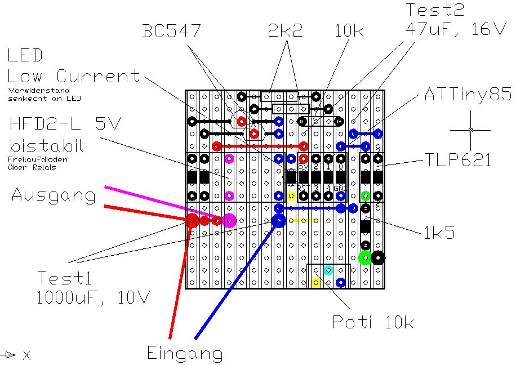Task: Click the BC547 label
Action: coord(172,30)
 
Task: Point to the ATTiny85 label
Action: coord(468,95)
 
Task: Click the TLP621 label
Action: coord(457,160)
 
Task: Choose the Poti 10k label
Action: coord(373,322)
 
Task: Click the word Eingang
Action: coord(185,353)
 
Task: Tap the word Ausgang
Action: coord(54,195)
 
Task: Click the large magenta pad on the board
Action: coord(229,220)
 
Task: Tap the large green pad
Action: coord(365,259)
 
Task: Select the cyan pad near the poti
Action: coord(328,270)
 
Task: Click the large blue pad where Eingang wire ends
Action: coord(278,220)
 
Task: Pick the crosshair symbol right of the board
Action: coord(470,130)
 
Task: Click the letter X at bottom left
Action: coord(26,355)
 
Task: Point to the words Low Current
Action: coord(73,77)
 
